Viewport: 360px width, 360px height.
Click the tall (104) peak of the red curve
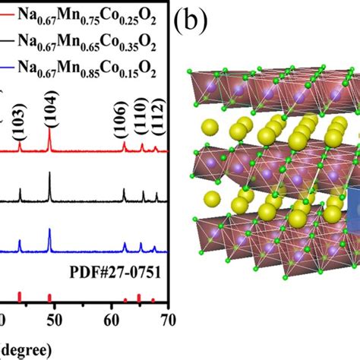pos(49,141)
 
